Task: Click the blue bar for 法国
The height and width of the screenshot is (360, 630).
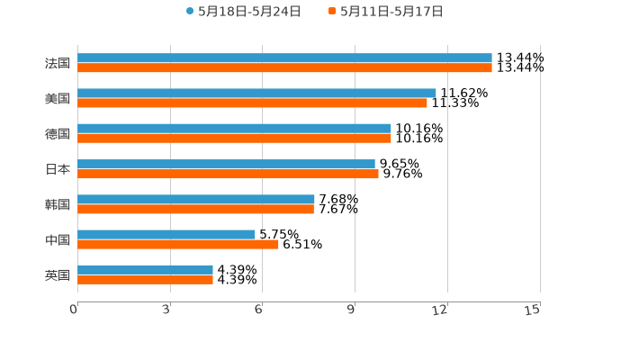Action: click(284, 58)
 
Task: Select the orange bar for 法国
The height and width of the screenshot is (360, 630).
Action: click(284, 67)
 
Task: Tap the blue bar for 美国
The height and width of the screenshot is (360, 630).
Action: click(256, 93)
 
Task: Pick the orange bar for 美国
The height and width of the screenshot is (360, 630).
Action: click(252, 103)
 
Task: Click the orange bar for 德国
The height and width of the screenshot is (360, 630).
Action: click(234, 138)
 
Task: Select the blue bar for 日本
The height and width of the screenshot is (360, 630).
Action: click(226, 164)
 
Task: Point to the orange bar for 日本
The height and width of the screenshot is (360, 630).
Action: click(228, 174)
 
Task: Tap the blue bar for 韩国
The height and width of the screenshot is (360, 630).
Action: click(196, 199)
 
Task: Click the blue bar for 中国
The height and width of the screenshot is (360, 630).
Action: click(166, 234)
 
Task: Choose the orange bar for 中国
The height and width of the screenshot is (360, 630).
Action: click(178, 244)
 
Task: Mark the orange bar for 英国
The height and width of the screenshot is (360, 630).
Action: click(145, 279)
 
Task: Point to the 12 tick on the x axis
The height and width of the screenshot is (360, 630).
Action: click(440, 310)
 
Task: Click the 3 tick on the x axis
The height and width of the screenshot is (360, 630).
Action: click(167, 310)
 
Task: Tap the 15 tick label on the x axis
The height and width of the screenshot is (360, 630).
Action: click(533, 310)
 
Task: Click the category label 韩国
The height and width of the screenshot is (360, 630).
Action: click(58, 204)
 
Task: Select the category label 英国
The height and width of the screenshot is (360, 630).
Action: click(58, 274)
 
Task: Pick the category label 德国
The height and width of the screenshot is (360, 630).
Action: click(58, 133)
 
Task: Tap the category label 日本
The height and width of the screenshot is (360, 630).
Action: click(58, 169)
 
